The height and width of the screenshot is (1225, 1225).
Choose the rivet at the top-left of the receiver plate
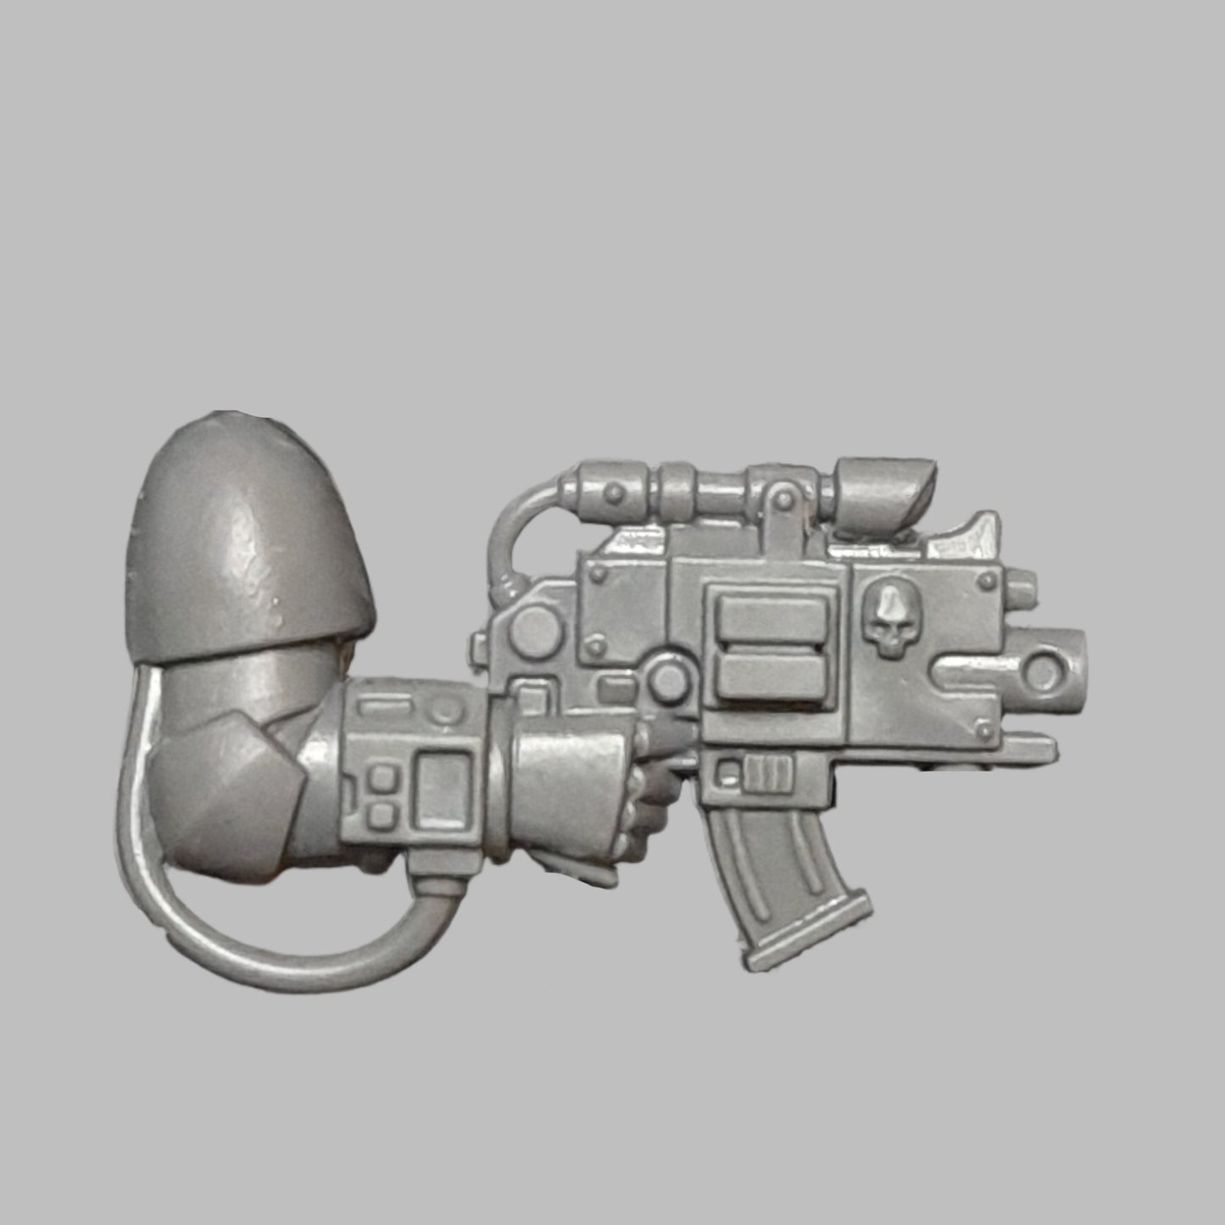coord(600,575)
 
